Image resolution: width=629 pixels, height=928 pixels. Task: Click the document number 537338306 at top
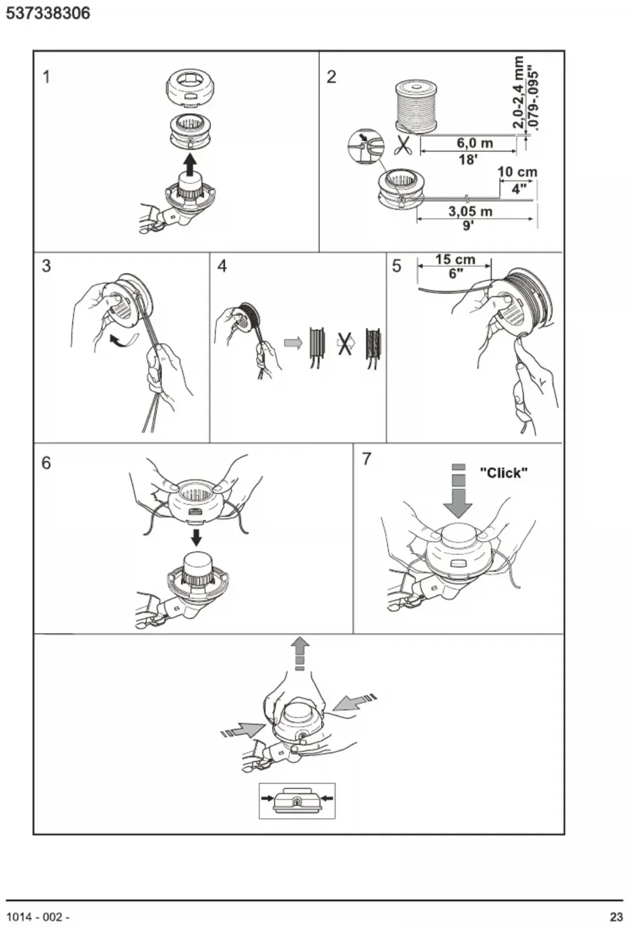[48, 13]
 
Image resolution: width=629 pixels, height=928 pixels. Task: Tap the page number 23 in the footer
[616, 917]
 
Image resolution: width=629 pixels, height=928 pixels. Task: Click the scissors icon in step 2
[402, 144]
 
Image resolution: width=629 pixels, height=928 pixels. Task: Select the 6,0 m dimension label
[474, 143]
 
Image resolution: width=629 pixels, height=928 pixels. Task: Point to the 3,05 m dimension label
[471, 211]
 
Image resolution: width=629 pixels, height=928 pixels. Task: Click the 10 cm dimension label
[517, 171]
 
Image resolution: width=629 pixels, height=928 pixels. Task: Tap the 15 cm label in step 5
[455, 260]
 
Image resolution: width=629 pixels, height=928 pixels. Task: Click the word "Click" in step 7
[504, 473]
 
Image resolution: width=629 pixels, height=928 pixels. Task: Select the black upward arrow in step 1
[190, 164]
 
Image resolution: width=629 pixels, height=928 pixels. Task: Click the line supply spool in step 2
[416, 107]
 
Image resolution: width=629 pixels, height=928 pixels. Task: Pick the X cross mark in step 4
[344, 344]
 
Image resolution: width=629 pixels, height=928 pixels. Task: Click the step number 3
[46, 266]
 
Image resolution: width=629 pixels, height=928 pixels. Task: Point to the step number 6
[46, 462]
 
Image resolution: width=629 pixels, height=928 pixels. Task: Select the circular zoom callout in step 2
[365, 146]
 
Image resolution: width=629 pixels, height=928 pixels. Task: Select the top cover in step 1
[191, 88]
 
